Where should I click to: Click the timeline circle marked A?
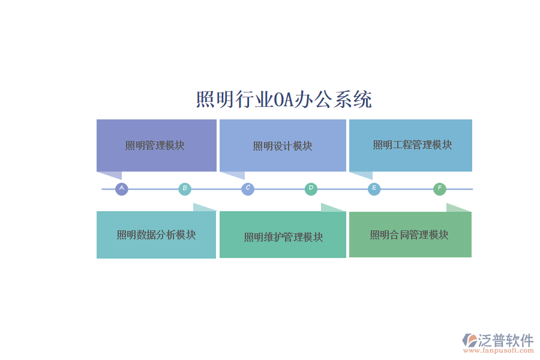122,189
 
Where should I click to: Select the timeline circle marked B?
185,189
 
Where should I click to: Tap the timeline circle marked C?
248,189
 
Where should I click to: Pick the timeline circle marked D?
311,189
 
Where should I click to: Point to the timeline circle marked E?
374,189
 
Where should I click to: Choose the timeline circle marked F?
440,189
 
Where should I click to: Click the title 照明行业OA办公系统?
284,99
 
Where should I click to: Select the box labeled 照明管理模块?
156,145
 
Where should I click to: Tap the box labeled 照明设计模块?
283,145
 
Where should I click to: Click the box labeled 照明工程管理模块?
411,145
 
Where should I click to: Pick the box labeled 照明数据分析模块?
156,235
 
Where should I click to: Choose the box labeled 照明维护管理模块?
283,237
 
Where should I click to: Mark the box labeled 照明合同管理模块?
410,235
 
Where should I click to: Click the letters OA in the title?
283,100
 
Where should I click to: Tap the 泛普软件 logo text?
505,340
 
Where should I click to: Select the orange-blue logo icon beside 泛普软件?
469,340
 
